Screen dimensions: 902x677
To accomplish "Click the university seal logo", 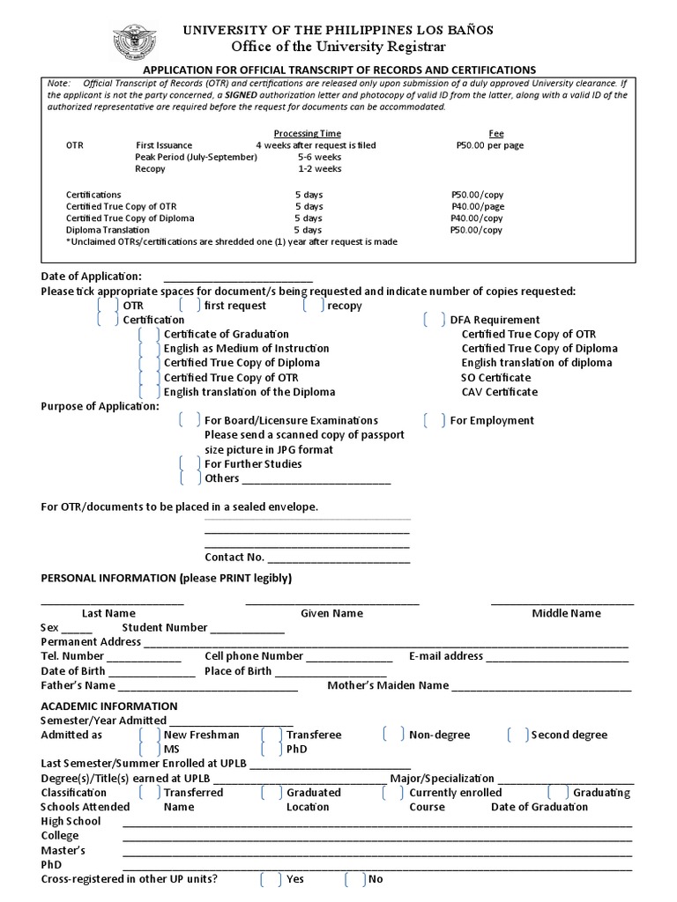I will click(134, 42).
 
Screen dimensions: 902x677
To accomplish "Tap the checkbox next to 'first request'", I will click(190, 306).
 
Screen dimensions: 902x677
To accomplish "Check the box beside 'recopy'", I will click(314, 306).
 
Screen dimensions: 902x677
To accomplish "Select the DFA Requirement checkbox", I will click(435, 320).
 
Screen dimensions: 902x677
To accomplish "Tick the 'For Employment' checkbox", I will click(435, 420).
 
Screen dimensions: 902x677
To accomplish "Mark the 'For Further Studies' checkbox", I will click(190, 463).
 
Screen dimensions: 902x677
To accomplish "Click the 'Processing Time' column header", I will click(307, 134).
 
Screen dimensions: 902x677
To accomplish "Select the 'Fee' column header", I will click(496, 134).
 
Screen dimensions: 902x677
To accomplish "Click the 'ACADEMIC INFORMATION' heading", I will click(109, 706).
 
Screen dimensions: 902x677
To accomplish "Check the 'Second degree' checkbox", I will click(518, 735).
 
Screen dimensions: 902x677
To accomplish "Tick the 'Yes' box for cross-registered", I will click(272, 879).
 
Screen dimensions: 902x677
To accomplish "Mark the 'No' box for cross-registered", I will click(355, 879).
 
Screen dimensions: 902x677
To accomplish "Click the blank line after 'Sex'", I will click(77, 629).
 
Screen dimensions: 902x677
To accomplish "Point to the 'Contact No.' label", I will click(234, 557).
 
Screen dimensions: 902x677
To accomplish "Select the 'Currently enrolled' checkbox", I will click(394, 793).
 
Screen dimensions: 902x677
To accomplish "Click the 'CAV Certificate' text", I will click(499, 391).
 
